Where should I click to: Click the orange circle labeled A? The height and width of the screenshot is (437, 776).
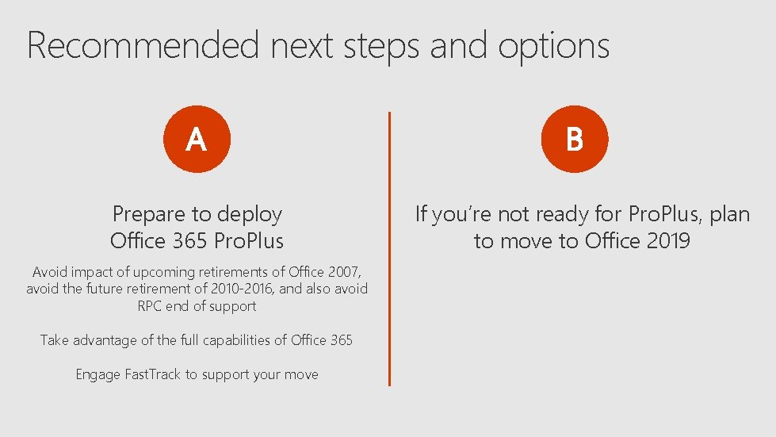pyautogui.click(x=196, y=140)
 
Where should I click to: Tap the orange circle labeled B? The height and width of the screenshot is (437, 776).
pyautogui.click(x=575, y=140)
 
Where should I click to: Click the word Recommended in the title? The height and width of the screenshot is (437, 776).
pyautogui.click(x=143, y=45)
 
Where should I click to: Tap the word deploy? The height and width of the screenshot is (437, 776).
pyautogui.click(x=250, y=214)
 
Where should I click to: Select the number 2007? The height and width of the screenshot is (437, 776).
pyautogui.click(x=340, y=271)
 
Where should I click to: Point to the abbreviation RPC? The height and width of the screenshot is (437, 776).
pyautogui.click(x=149, y=306)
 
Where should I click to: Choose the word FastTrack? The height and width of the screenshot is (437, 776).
pyautogui.click(x=152, y=374)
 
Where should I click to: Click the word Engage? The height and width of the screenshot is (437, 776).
pyautogui.click(x=97, y=374)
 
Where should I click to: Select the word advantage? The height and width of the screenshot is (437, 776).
pyautogui.click(x=105, y=340)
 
